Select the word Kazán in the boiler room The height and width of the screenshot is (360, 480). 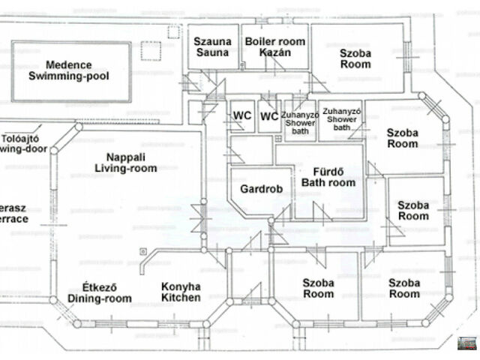tap(274, 53)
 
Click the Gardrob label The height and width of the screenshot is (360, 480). tap(261, 190)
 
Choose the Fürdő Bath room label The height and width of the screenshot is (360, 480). tap(328, 176)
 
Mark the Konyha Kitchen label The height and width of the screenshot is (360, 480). tap(181, 292)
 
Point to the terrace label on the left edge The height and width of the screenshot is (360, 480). tap(13, 212)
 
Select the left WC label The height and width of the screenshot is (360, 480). tap(241, 116)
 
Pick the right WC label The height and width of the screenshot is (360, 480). tap(269, 116)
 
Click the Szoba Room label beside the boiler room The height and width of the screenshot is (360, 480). tap(355, 58)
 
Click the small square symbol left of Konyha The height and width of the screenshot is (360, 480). tap(142, 251)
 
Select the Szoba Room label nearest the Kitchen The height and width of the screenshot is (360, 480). tap(318, 288)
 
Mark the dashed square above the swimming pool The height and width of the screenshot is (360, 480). tap(173, 32)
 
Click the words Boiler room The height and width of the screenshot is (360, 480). tap(275, 41)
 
